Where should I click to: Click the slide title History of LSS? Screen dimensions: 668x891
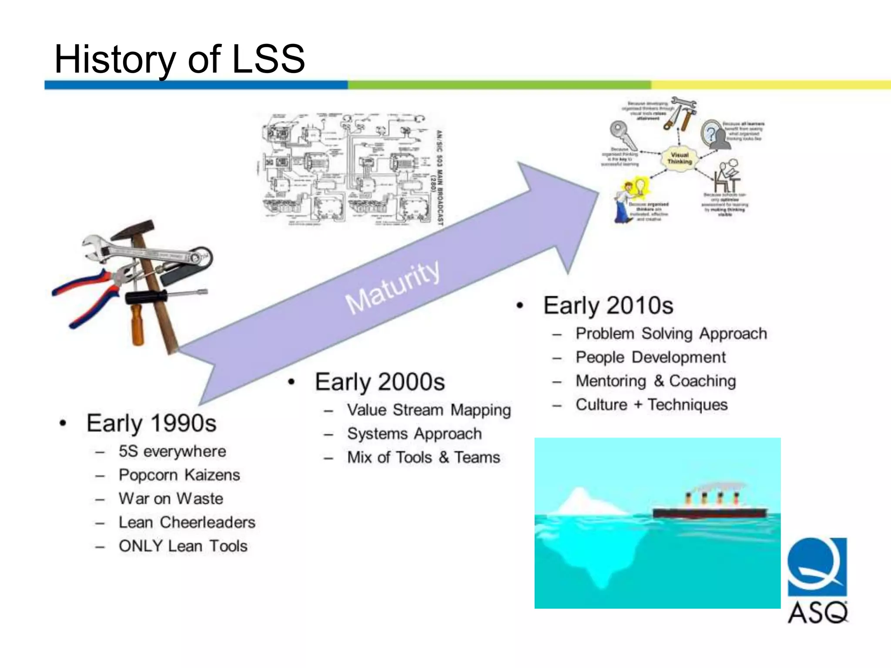point(179,59)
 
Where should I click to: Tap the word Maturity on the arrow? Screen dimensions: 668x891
point(392,287)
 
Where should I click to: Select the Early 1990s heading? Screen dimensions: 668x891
point(151,423)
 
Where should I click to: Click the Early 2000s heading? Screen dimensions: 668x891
point(379,382)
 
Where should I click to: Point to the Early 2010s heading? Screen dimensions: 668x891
point(608,305)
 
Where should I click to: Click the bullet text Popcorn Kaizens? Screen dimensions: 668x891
point(179,474)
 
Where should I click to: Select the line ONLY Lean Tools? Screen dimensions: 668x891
point(183,546)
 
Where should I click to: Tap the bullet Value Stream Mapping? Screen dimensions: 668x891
point(429,410)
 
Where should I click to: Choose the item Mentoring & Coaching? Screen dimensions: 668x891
point(655,381)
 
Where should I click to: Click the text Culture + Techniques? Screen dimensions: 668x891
point(651,404)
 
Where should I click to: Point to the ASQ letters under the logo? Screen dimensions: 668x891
point(817,613)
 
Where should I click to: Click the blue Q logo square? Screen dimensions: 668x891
point(817,566)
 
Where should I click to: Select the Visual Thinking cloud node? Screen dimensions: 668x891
point(679,158)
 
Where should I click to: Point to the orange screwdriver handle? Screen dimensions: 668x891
point(137,324)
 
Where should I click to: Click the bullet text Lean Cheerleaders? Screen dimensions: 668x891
point(187,522)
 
